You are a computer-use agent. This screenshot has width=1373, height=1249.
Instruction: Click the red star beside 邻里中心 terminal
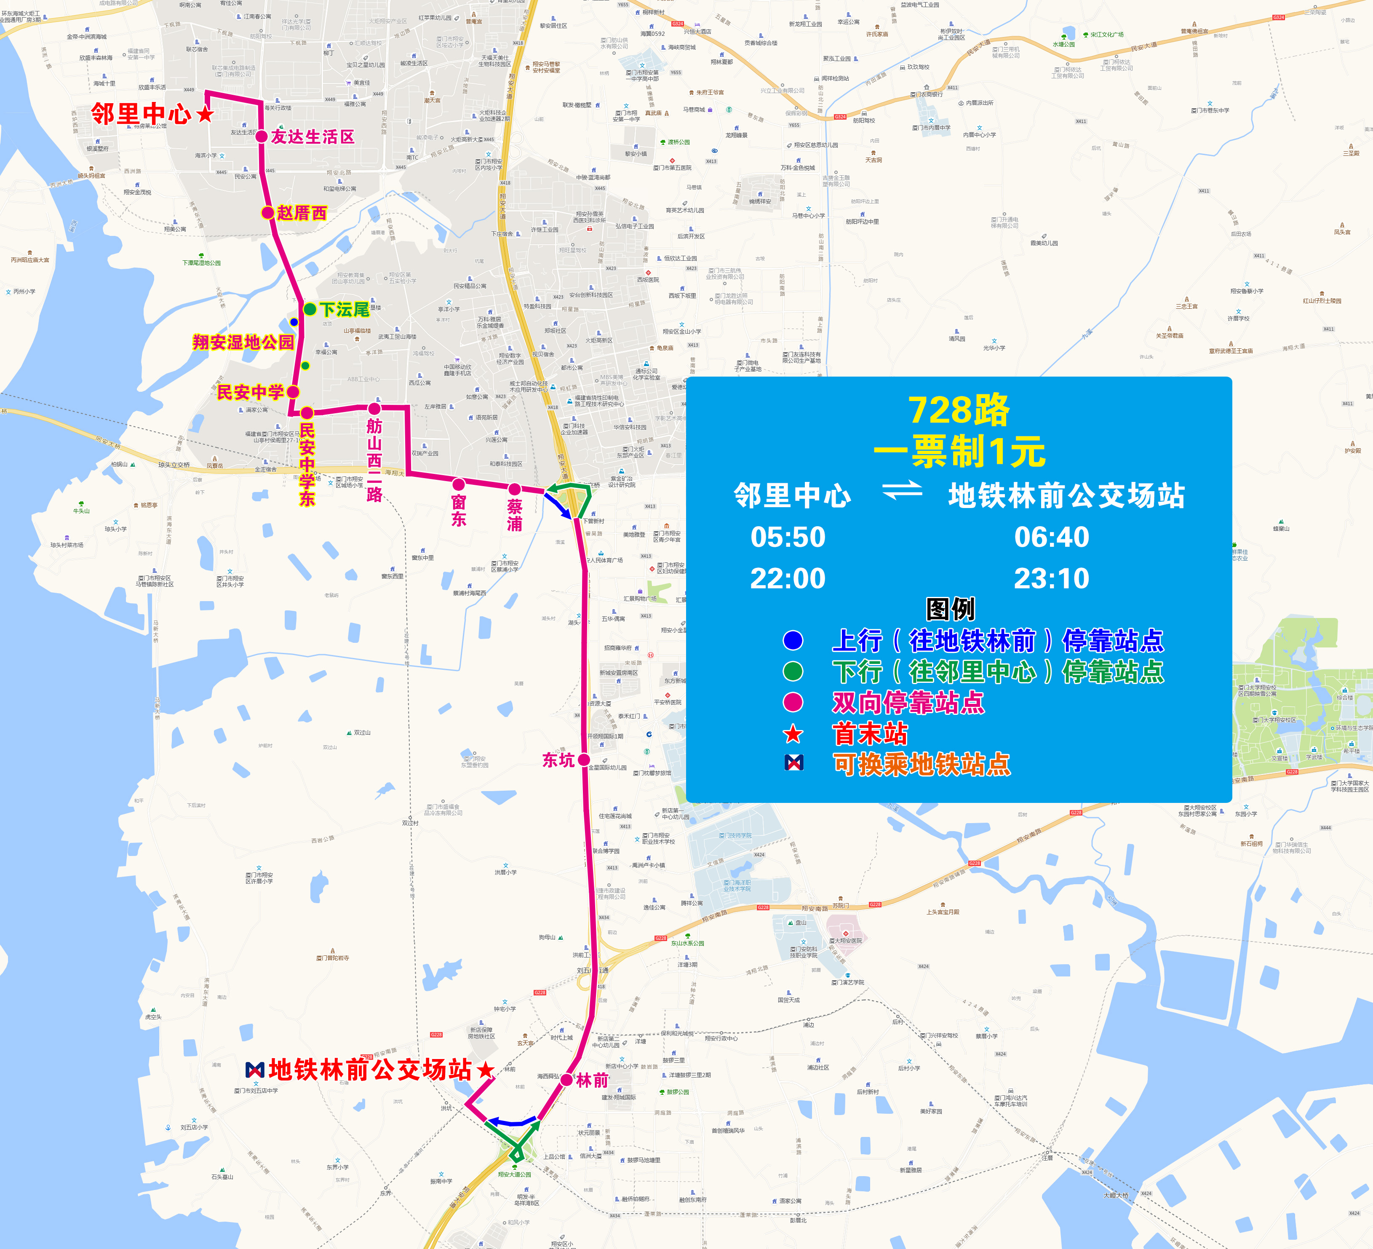pos(205,115)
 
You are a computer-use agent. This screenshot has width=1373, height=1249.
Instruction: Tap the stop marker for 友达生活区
pos(262,136)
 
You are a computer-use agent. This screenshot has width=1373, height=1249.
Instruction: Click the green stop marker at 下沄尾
pos(310,309)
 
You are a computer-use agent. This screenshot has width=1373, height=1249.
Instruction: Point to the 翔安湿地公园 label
pos(243,342)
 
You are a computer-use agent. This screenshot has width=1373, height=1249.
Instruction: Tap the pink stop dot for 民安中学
pos(293,392)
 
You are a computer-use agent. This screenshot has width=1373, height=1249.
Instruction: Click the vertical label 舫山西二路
pos(374,460)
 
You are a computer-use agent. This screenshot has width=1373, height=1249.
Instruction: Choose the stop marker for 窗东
pos(459,484)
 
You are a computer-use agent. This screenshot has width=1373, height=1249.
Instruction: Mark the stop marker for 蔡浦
pos(515,489)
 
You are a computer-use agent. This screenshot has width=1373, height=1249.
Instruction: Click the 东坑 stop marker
pos(584,760)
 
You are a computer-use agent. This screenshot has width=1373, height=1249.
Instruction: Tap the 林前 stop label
pos(593,1080)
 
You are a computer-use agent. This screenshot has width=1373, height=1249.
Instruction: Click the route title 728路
pos(959,410)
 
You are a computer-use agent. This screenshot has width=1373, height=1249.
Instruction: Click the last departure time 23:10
pos(1052,578)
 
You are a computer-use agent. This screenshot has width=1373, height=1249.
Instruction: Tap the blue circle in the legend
pos(793,640)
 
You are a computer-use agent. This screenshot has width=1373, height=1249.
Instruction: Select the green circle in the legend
pos(793,671)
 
